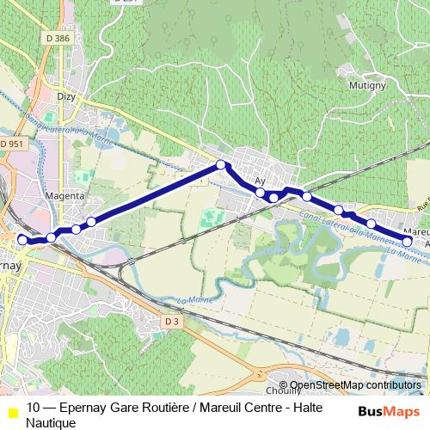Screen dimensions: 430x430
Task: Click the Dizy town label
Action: (x=66, y=96)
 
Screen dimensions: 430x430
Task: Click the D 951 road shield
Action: (x=12, y=144)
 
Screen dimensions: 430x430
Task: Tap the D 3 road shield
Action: (x=173, y=322)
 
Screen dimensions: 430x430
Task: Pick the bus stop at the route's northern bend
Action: (x=221, y=164)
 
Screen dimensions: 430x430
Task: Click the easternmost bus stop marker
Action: (x=408, y=242)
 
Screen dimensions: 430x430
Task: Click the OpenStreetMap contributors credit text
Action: (x=356, y=385)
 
